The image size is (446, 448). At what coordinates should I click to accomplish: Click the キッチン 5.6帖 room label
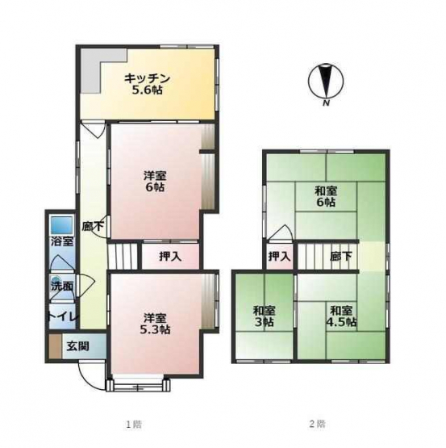tap(147, 84)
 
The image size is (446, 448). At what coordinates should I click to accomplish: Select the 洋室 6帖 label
tap(155, 181)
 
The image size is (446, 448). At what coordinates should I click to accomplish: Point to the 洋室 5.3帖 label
tap(155, 324)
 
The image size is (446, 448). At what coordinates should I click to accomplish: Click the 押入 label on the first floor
tap(170, 257)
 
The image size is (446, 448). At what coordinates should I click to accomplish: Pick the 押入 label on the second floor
tap(279, 256)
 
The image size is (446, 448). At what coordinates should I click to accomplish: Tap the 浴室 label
tap(62, 242)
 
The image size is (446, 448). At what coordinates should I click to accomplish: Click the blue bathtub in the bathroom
tap(61, 224)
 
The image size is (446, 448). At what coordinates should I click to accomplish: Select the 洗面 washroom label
tap(62, 287)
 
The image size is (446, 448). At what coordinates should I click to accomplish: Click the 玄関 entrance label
tap(78, 346)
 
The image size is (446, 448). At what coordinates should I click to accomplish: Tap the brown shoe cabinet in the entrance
tap(55, 346)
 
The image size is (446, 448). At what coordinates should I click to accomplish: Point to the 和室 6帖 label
tap(326, 196)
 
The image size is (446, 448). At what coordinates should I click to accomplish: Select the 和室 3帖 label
tap(264, 316)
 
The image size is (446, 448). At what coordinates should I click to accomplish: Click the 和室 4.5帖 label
tap(341, 316)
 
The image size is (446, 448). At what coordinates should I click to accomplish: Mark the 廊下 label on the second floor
tap(340, 256)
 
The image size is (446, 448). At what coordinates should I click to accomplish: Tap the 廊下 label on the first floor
tap(93, 226)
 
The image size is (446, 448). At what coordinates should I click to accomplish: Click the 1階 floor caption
tap(134, 424)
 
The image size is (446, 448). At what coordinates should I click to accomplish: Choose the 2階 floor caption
tap(317, 424)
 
